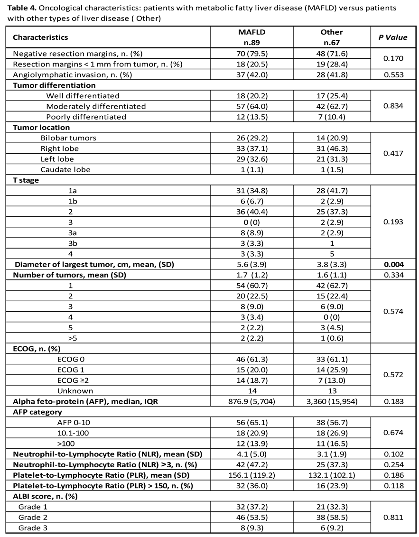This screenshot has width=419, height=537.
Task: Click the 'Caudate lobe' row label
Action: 65,169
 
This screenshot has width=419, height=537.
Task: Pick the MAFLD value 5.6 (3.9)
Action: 251,265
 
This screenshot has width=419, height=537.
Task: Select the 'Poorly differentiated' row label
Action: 86,117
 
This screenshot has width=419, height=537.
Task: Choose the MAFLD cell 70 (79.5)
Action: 251,54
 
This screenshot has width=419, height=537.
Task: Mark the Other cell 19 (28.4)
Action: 332,64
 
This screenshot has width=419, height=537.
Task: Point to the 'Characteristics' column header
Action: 40,37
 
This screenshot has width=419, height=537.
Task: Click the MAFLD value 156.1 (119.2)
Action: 251,475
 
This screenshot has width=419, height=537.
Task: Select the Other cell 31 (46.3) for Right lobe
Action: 332,148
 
